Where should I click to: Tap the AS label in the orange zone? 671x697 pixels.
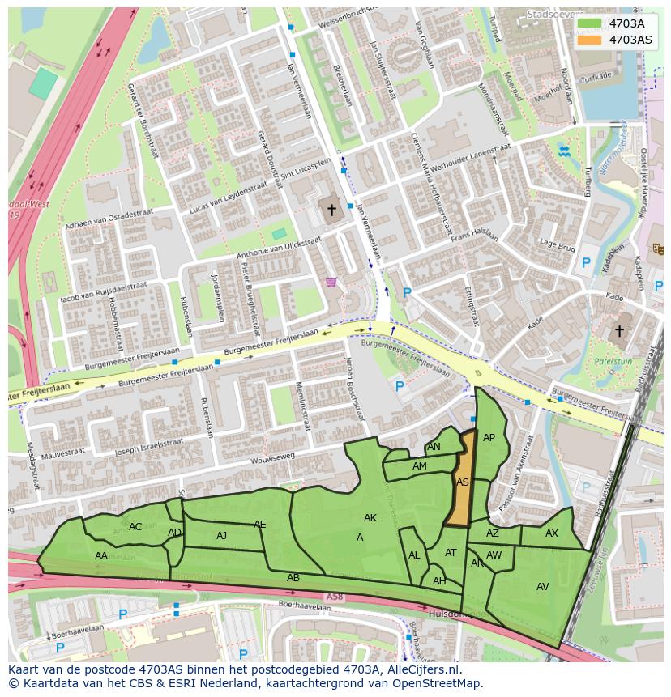click(x=462, y=482)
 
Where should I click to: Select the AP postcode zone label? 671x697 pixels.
click(x=489, y=438)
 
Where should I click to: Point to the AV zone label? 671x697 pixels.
click(x=542, y=587)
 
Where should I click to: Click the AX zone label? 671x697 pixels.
click(x=551, y=533)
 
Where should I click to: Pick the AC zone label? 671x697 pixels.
click(x=135, y=527)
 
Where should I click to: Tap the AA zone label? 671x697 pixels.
click(x=101, y=556)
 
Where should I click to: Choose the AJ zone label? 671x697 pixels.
click(x=221, y=536)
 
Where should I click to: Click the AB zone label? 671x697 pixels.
click(x=293, y=578)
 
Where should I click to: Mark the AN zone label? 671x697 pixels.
click(x=434, y=447)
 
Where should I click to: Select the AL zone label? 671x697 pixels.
click(x=414, y=555)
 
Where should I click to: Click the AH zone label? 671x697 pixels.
click(x=439, y=581)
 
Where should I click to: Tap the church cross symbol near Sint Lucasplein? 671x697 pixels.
click(x=331, y=210)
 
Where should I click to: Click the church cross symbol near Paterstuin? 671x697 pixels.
click(x=619, y=331)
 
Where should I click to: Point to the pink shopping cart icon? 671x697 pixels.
click(x=331, y=283)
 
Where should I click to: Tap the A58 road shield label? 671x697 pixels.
click(x=335, y=597)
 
